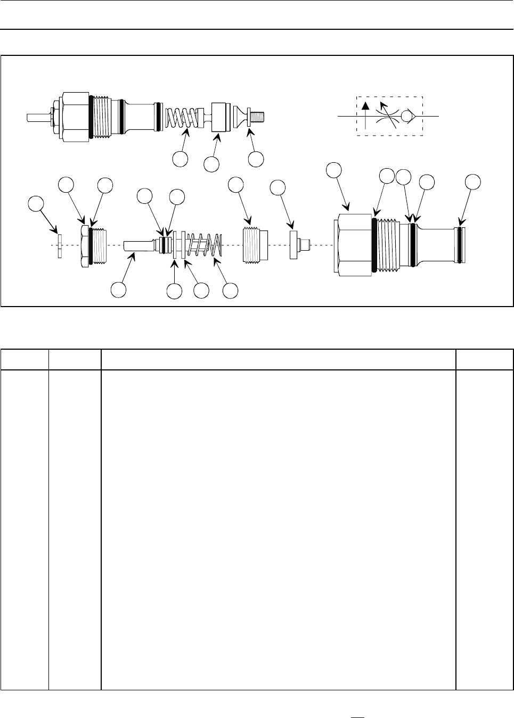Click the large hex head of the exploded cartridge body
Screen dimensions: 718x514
pyautogui.click(x=352, y=245)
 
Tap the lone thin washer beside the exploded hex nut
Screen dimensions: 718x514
pyautogui.click(x=60, y=245)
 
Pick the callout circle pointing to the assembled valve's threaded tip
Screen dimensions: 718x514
pyautogui.click(x=256, y=159)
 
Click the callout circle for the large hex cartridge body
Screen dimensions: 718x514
pyautogui.click(x=334, y=170)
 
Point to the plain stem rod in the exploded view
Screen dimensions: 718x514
pyautogui.click(x=136, y=245)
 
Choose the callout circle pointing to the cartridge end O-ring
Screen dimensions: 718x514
pyautogui.click(x=472, y=181)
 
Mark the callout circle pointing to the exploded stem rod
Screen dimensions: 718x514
pyautogui.click(x=118, y=291)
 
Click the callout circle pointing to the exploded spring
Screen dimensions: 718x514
pyautogui.click(x=230, y=291)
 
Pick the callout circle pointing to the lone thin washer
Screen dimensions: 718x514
pyautogui.click(x=35, y=204)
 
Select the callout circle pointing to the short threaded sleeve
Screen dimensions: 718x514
pyautogui.click(x=235, y=184)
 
